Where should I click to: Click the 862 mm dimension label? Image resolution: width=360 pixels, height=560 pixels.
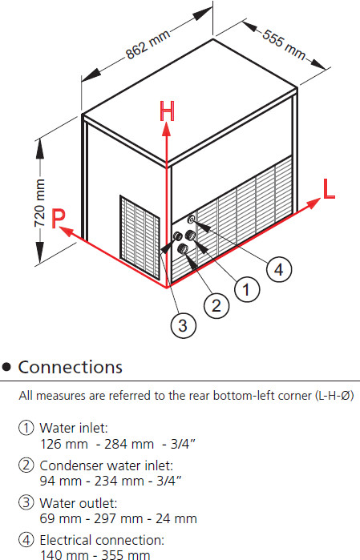(148, 45)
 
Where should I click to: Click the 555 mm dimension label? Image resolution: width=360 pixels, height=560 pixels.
(284, 44)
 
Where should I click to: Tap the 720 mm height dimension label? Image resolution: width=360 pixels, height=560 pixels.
(39, 203)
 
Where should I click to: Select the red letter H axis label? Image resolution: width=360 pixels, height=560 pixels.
(167, 111)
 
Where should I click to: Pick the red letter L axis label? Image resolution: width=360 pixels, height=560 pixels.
(329, 188)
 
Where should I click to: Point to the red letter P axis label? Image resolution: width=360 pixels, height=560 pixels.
(59, 218)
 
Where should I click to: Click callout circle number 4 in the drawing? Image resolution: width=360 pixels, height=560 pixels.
(279, 269)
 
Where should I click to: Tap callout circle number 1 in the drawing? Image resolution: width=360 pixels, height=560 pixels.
(247, 289)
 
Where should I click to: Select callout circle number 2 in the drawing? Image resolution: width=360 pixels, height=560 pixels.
(216, 306)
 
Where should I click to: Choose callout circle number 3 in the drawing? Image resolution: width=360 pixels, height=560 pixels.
(183, 325)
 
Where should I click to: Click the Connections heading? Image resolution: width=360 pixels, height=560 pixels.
(70, 367)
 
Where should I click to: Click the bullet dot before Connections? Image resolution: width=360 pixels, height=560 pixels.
(6, 367)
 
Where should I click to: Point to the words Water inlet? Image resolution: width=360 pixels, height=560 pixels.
(74, 428)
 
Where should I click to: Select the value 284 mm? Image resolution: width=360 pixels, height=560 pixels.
(129, 445)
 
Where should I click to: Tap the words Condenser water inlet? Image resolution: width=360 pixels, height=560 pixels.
(106, 465)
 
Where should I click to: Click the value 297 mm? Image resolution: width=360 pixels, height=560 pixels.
(119, 518)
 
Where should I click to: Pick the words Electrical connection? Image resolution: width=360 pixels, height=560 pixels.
(102, 540)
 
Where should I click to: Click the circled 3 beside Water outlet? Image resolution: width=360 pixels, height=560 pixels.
(26, 502)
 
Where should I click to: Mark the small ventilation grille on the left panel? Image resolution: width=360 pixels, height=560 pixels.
(140, 237)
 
